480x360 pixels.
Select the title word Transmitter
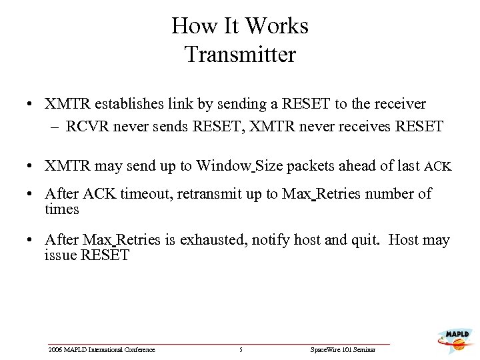[240, 54]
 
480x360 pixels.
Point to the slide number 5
[241, 350]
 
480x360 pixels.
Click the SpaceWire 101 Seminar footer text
[343, 350]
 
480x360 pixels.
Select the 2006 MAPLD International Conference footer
[102, 350]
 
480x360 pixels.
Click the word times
[62, 209]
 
